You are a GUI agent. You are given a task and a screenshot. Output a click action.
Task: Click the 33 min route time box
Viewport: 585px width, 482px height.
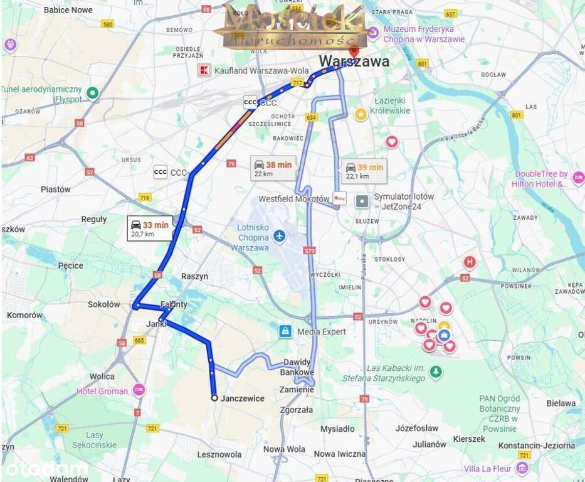tap(150, 228)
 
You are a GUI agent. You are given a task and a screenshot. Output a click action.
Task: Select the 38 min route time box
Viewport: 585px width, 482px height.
tap(273, 168)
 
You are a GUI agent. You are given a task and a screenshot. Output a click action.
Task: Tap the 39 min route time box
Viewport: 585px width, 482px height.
tap(364, 171)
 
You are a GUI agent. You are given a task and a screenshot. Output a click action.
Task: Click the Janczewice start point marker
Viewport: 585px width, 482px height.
tap(214, 398)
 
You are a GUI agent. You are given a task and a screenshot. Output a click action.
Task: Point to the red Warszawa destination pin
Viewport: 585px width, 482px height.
tap(354, 51)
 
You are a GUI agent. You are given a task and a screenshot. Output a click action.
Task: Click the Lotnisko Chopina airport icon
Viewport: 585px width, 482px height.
tap(279, 237)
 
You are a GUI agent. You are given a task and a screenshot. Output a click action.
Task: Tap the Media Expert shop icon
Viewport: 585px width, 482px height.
tap(285, 331)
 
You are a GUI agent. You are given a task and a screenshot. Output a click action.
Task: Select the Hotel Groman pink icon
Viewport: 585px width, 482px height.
tap(139, 390)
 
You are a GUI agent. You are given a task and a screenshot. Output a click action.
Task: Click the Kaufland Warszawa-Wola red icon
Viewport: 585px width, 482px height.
tap(203, 70)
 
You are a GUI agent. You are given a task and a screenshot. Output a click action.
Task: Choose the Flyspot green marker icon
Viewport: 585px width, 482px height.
tap(93, 94)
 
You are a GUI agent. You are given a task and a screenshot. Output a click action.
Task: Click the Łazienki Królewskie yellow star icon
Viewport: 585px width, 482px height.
tap(361, 114)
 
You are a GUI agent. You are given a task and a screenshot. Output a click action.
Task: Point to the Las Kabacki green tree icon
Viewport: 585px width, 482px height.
tap(435, 373)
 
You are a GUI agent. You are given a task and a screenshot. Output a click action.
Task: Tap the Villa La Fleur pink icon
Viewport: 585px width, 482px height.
tap(522, 468)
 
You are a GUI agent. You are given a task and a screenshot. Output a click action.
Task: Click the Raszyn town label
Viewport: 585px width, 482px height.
tap(194, 276)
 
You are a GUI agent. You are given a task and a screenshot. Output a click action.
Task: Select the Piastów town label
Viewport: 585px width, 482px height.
tap(56, 189)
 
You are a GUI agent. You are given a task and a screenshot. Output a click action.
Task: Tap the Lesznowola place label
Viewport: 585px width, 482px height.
tap(219, 454)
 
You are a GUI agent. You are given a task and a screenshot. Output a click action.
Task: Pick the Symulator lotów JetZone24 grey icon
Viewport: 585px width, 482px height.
tap(362, 201)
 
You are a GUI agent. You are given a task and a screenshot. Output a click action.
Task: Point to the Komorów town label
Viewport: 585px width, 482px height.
tap(24, 315)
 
